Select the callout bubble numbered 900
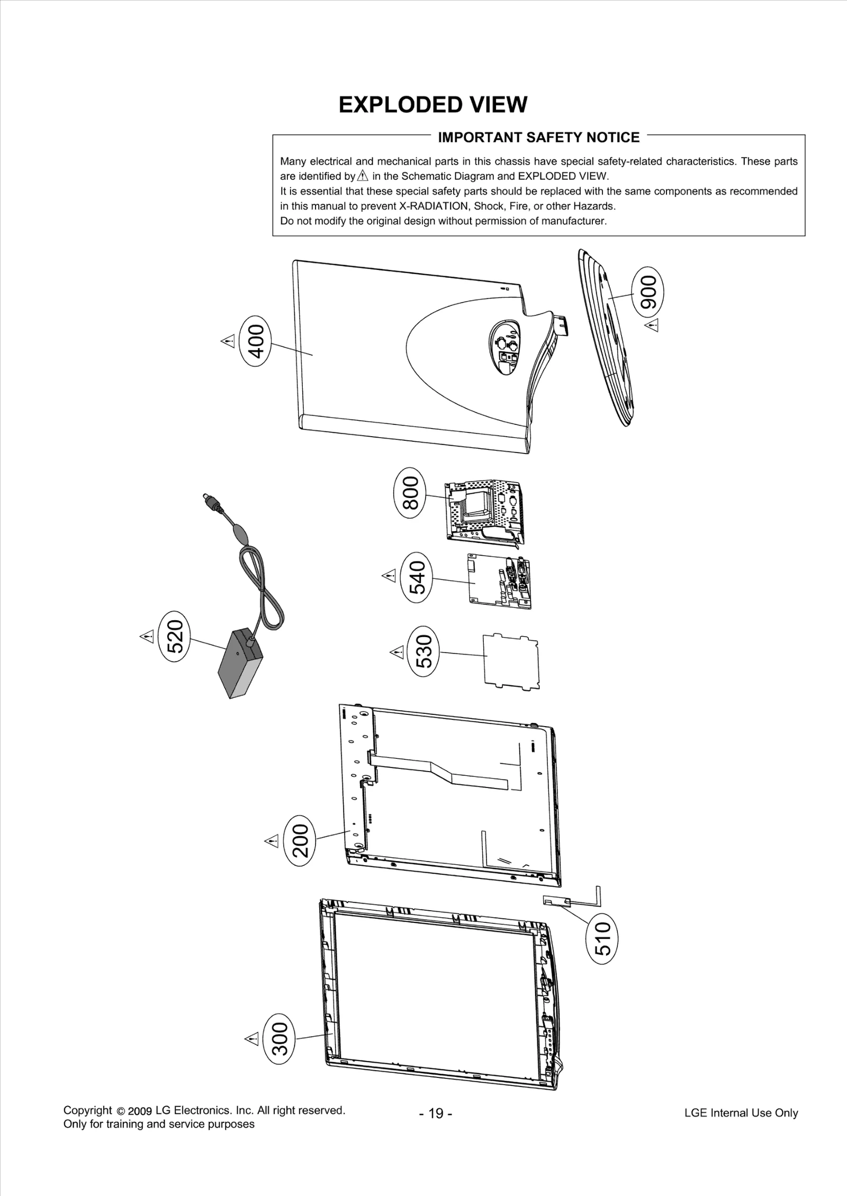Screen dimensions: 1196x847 click(x=648, y=292)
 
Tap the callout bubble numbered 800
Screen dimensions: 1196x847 click(x=410, y=493)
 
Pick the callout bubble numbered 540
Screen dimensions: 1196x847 click(x=418, y=577)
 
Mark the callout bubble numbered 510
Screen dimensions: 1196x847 click(x=603, y=938)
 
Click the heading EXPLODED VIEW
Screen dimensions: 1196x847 click(x=432, y=105)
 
